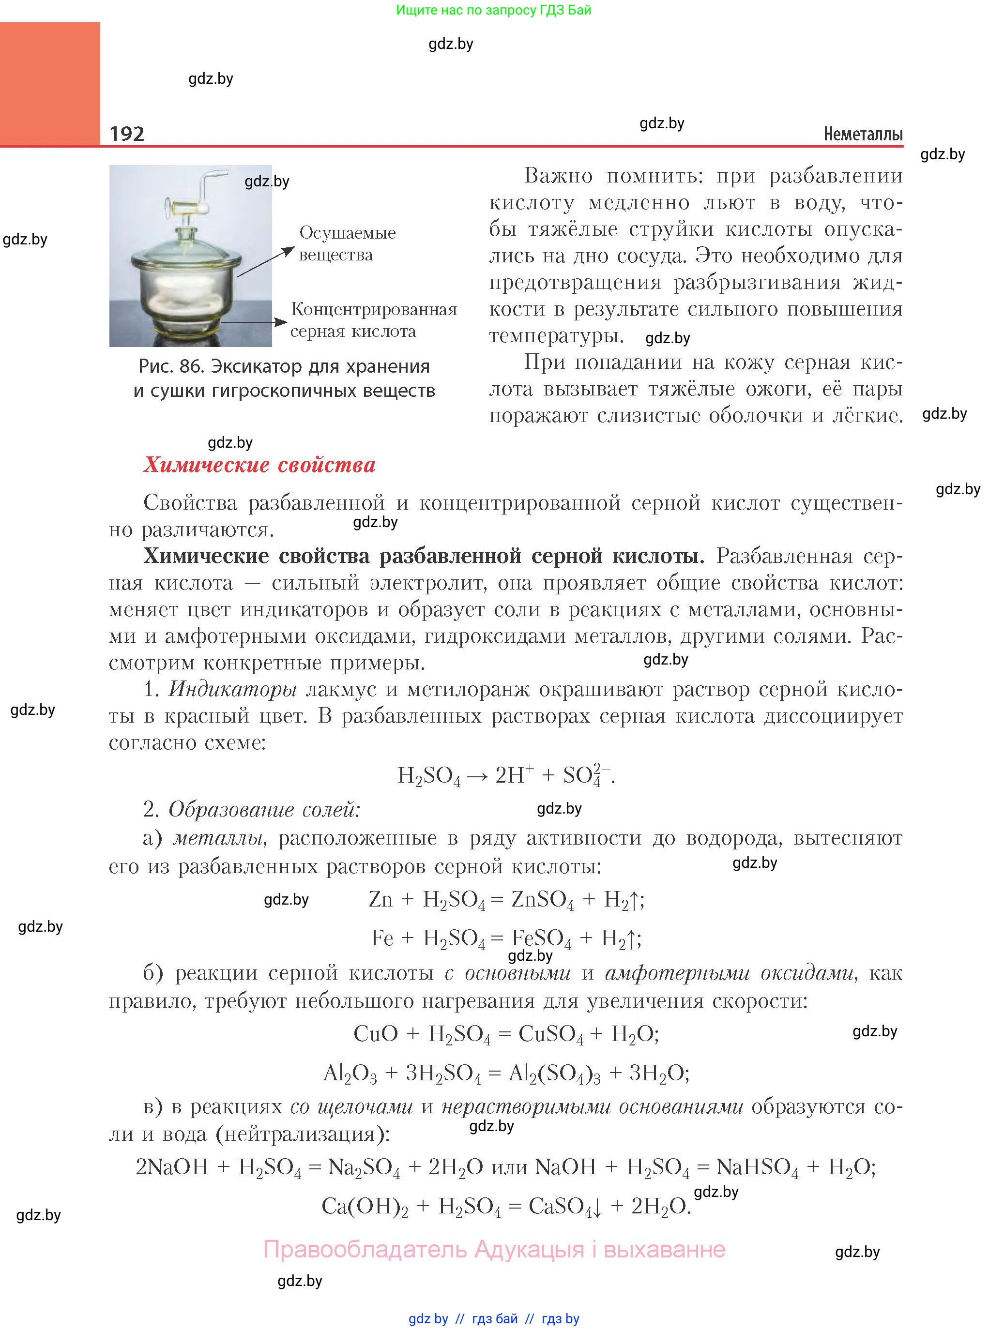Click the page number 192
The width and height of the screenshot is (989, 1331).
click(127, 134)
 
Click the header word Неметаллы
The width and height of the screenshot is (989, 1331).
click(863, 134)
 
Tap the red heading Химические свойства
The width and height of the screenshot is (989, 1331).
click(259, 465)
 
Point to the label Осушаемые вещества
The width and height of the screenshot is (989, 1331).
click(347, 243)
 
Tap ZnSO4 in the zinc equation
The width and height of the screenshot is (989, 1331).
click(542, 899)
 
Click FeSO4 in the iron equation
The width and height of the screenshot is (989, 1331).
click(541, 938)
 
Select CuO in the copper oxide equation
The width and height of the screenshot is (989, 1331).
click(375, 1033)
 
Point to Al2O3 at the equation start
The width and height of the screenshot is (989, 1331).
click(350, 1073)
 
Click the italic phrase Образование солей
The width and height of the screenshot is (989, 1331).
click(264, 809)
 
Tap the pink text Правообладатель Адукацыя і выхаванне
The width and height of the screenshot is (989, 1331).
click(495, 1249)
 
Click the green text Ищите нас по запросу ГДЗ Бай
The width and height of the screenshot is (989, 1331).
click(493, 10)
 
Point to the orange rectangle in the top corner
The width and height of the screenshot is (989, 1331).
click(50, 83)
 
